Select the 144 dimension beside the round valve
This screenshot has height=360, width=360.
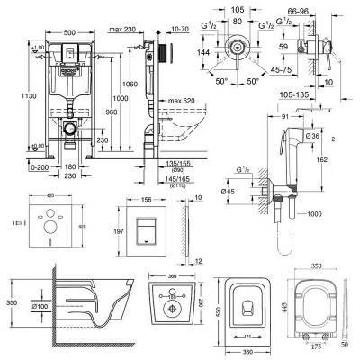coord(207,52)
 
